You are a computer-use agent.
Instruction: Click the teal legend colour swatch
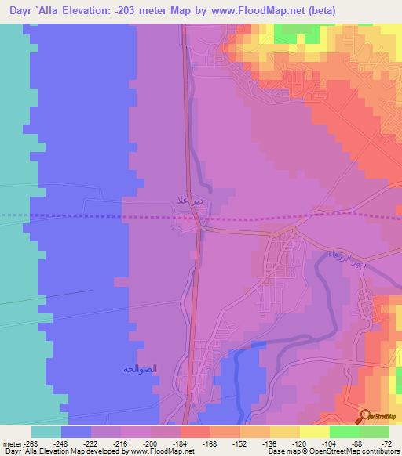click(x=46, y=432)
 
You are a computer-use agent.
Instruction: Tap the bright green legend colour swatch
click(x=344, y=432)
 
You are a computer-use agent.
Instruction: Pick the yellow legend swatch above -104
click(x=314, y=432)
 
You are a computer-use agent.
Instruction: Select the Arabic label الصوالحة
click(x=141, y=368)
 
